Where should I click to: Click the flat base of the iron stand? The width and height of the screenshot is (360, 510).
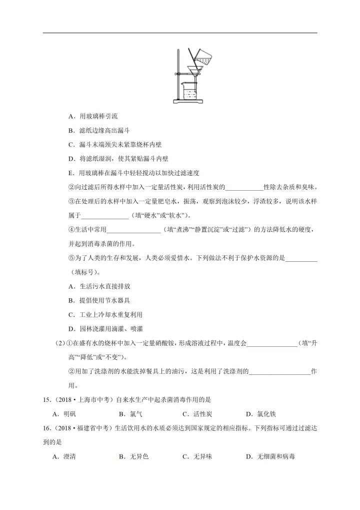[x=188, y=102]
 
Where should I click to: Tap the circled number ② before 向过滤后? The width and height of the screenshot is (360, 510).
[x=70, y=187]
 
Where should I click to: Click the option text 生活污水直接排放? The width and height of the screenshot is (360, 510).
[x=105, y=286]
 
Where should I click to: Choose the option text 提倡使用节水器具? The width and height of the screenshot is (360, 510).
[x=105, y=300]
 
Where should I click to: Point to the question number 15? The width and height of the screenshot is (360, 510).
[x=47, y=400]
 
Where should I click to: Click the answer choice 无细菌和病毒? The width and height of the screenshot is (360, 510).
[x=270, y=456]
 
